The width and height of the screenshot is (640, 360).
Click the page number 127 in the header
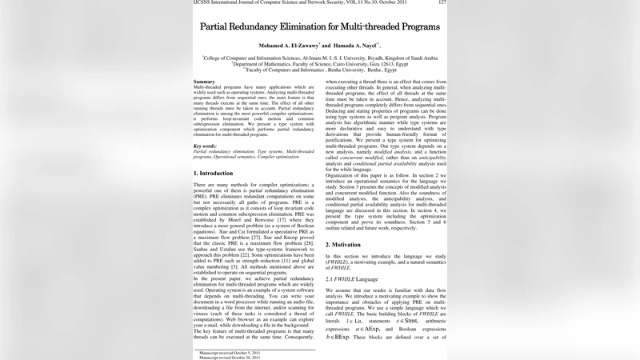[x=442, y=3]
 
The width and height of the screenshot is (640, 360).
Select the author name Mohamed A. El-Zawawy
[x=286, y=46]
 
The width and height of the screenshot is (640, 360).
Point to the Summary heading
[x=204, y=82]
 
